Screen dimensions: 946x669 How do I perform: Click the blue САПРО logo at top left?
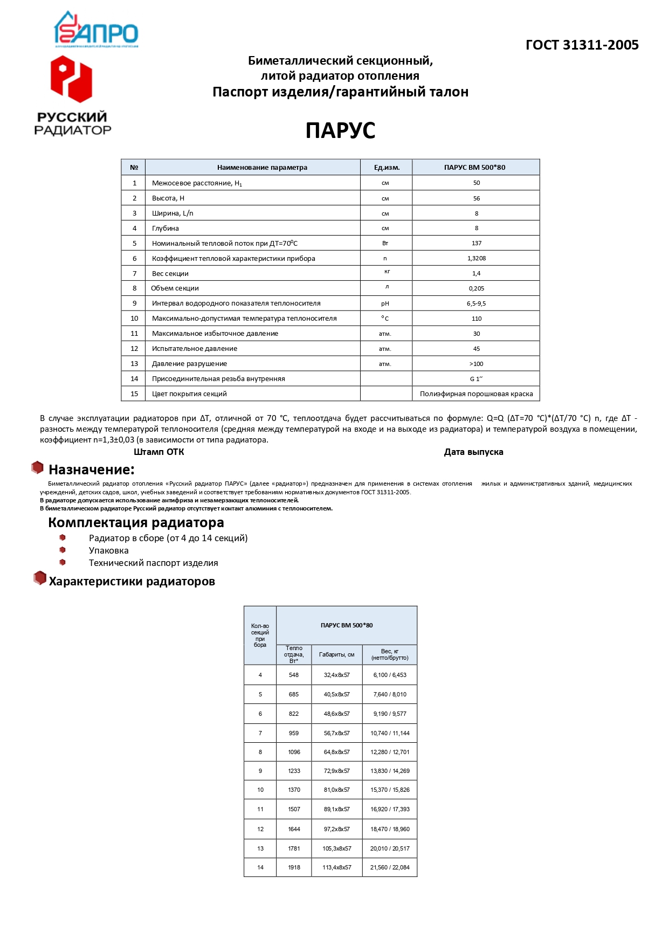(x=96, y=30)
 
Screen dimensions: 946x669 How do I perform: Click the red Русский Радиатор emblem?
(x=71, y=79)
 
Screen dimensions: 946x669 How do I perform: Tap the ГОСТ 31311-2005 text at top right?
(x=582, y=45)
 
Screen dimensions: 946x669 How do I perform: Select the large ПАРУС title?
(x=340, y=130)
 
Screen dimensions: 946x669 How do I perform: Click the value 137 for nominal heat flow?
(x=476, y=243)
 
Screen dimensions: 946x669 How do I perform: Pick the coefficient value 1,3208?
(x=476, y=258)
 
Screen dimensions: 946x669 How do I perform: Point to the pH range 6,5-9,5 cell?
(x=476, y=303)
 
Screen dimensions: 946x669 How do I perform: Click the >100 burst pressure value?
(x=476, y=364)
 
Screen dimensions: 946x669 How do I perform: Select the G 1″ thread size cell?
(x=476, y=379)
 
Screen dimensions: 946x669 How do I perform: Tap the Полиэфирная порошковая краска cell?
(x=476, y=394)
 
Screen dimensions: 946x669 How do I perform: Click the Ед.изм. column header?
(x=387, y=168)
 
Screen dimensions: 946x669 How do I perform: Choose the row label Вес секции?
(x=170, y=274)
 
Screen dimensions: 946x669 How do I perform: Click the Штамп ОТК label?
(x=159, y=452)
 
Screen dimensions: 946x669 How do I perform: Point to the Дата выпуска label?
(x=473, y=452)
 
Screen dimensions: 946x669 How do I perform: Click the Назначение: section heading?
(x=91, y=469)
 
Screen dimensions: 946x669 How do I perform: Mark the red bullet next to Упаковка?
(x=63, y=550)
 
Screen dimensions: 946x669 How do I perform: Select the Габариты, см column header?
(x=336, y=655)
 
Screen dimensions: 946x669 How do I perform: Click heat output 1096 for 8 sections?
(x=294, y=752)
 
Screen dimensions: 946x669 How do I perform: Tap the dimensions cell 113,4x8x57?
(x=337, y=867)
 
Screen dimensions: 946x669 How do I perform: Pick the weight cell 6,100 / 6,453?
(x=390, y=675)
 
